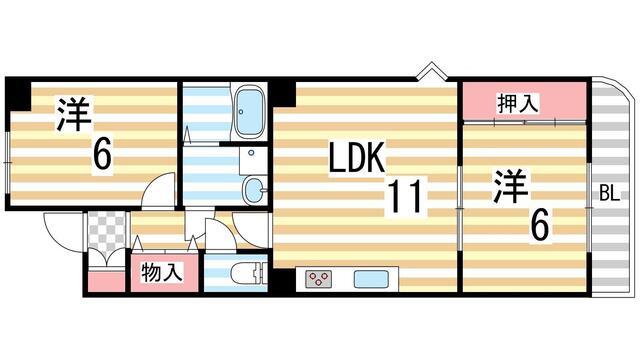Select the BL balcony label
(x=608, y=192)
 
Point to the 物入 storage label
(x=160, y=271)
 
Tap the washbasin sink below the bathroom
(x=253, y=187)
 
